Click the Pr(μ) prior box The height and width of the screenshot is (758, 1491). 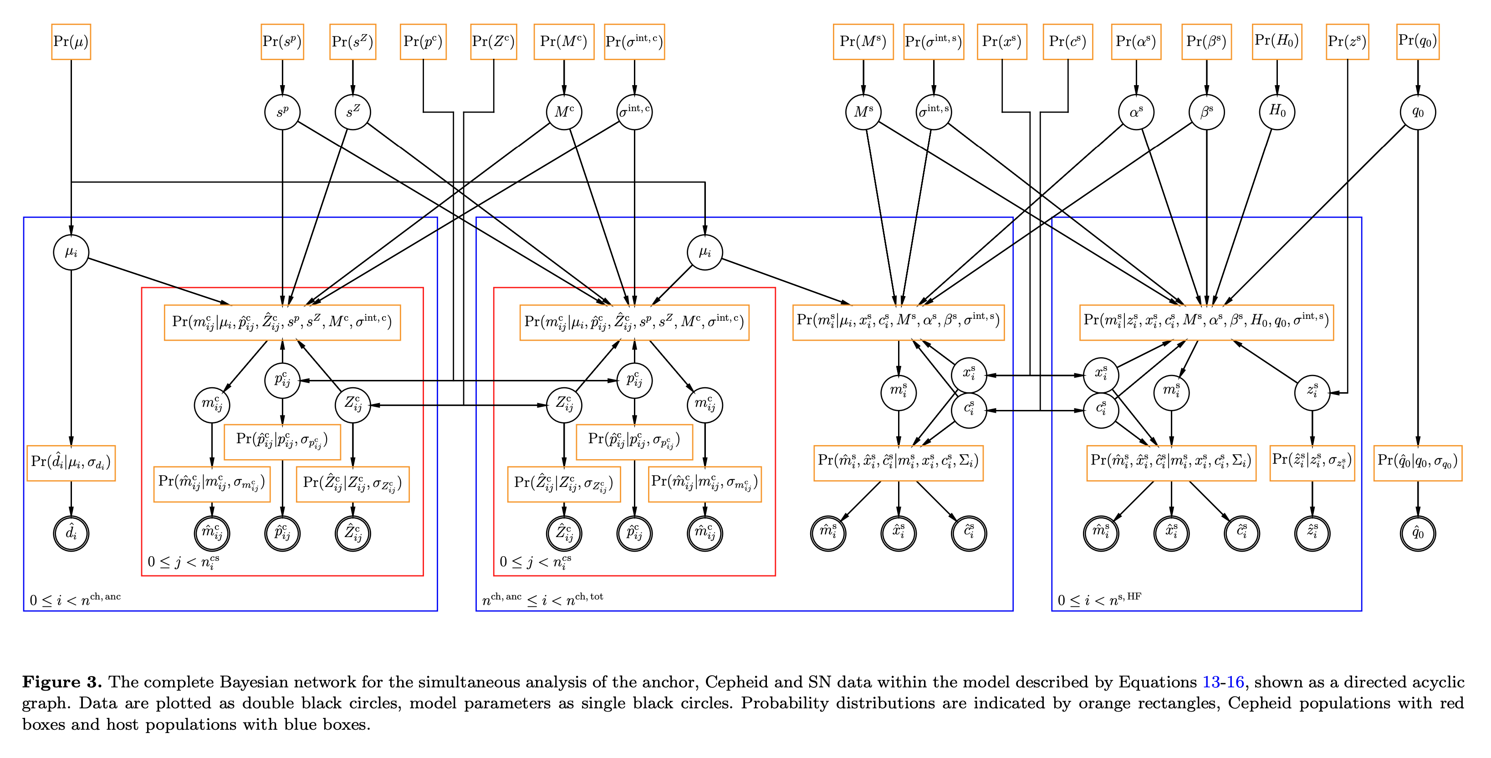coord(71,42)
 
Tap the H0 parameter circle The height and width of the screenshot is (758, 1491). coord(1277,112)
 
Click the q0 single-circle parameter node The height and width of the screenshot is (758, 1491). coord(1418,112)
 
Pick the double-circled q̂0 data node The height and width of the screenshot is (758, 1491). coord(1418,533)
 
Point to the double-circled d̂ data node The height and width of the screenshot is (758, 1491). coord(71,533)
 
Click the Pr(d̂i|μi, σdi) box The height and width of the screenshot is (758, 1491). coord(71,463)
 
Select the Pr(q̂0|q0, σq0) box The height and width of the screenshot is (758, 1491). coord(1418,463)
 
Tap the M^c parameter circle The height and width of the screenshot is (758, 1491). coord(564,112)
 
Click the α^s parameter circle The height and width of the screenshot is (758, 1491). coord(1136,112)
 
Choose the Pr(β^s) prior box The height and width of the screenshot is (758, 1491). coord(1206,42)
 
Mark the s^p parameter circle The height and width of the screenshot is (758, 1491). coord(282,112)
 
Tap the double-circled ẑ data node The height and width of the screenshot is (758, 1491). coord(1312,533)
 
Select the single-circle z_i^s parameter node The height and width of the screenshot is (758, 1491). coord(1312,392)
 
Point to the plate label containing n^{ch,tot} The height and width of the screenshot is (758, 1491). coord(542,599)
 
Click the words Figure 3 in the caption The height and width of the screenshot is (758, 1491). coord(62,682)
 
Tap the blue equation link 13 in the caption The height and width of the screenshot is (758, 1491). coord(1211,682)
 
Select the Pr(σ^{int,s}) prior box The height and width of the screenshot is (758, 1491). coord(933,42)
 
